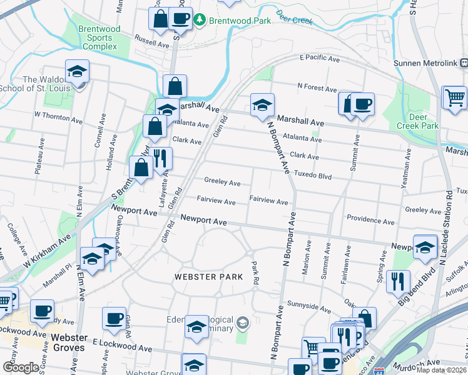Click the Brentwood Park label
coord(240,20)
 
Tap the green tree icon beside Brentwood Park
coord(200,20)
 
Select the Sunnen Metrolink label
coord(425,62)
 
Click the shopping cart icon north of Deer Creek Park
coord(454,97)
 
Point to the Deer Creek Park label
coord(418,121)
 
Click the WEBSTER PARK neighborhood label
coord(209,276)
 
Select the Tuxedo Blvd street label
coord(313,176)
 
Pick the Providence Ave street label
coord(370,221)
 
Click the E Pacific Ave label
coord(319,59)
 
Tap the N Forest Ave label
coord(317,87)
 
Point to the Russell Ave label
coord(153,45)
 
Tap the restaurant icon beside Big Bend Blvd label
coord(398,281)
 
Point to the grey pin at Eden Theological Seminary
coord(243,323)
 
